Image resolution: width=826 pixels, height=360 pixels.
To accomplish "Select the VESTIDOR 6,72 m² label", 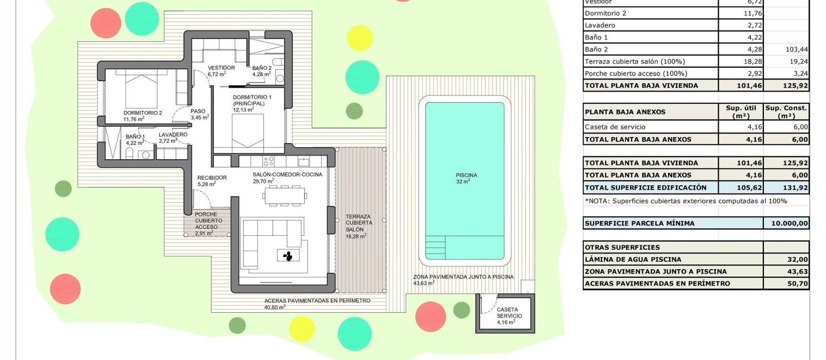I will click(221, 71).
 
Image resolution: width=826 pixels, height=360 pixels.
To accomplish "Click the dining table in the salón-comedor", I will click(284, 196).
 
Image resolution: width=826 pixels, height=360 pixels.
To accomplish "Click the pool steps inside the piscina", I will click(435, 247).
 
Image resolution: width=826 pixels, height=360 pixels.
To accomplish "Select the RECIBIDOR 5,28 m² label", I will click(211, 181).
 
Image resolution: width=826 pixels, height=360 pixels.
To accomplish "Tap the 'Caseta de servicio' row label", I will click(615, 127).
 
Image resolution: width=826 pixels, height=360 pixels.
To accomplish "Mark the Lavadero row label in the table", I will click(600, 25).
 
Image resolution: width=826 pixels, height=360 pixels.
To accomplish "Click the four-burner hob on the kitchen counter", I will click(268, 161).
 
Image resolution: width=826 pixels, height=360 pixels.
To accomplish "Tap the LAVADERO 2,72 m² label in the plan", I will click(173, 137).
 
